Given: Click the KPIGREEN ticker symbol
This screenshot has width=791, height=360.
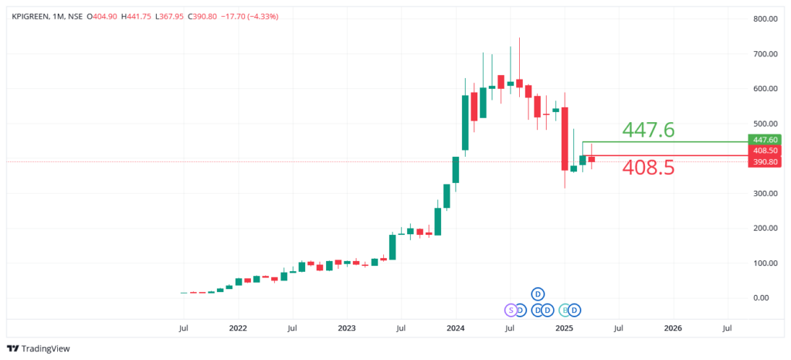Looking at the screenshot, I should point(32,15).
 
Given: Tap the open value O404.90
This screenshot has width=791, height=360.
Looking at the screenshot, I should point(102,15).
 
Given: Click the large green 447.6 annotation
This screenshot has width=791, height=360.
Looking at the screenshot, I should point(648,130).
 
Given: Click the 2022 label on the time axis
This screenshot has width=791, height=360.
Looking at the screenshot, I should point(238,328).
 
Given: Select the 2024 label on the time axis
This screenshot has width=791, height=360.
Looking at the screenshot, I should point(456,328).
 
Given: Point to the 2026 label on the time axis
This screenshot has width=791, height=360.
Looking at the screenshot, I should point(673,328).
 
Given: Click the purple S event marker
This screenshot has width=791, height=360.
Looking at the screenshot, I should point(510,310).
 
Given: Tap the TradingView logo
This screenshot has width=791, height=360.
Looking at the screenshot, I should point(39,348).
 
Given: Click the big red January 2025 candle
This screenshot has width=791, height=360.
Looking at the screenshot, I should point(565,138).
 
